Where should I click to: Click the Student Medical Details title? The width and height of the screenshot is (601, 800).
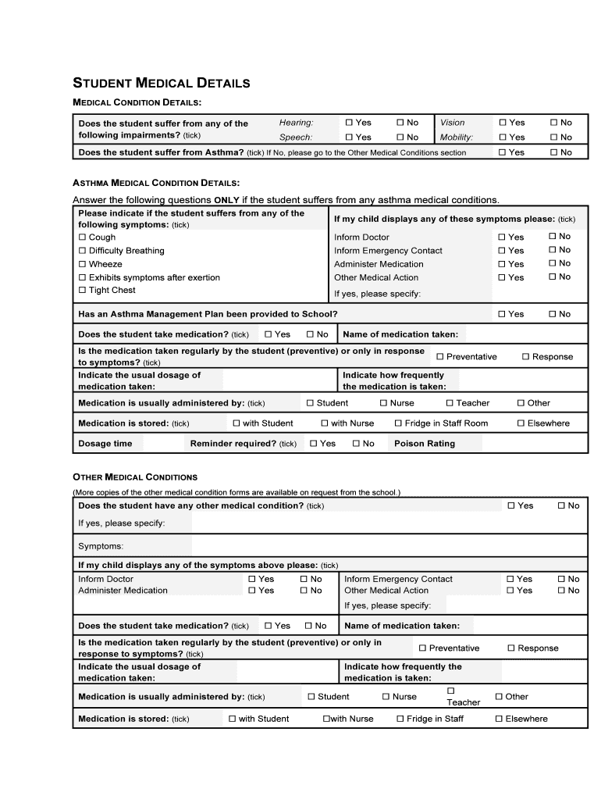click(x=161, y=83)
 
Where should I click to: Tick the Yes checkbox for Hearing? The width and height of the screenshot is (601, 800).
click(x=349, y=123)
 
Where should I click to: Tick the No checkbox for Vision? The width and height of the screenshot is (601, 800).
click(x=553, y=123)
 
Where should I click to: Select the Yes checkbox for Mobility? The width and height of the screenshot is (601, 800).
click(x=503, y=137)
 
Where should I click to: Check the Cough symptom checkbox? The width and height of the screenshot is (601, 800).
click(x=82, y=237)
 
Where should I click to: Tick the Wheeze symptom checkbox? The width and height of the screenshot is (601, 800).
click(x=82, y=264)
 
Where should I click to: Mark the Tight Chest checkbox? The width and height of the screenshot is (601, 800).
click(x=82, y=291)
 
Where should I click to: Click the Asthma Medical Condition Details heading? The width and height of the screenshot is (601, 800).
click(x=156, y=183)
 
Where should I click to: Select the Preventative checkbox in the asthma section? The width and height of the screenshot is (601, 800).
click(x=440, y=357)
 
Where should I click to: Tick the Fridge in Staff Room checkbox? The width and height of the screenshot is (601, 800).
click(x=398, y=423)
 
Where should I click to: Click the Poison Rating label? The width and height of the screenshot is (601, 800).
click(x=425, y=444)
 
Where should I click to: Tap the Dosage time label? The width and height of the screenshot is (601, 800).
click(x=105, y=444)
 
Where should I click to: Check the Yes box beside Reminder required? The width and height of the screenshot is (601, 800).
click(x=313, y=444)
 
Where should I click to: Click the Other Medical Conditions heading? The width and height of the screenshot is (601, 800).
click(x=135, y=477)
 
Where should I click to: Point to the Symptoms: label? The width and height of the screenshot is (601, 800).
click(x=101, y=546)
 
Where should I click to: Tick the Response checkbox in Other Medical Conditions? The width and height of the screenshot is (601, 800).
click(x=511, y=648)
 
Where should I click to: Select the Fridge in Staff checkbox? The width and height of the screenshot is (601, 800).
click(x=400, y=719)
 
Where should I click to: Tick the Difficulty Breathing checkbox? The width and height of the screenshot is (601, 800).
click(x=82, y=251)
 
